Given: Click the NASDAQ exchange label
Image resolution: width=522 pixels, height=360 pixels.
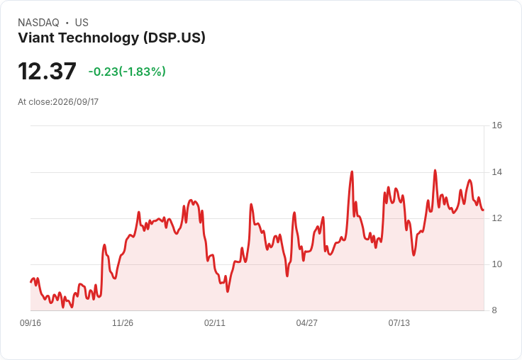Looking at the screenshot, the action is tap(38, 23).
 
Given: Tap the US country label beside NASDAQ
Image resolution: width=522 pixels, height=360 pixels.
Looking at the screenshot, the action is tap(82, 23).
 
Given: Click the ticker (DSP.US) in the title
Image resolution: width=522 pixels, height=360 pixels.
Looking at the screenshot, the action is tap(174, 38).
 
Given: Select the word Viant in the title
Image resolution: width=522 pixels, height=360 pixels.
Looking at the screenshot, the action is tap(36, 38).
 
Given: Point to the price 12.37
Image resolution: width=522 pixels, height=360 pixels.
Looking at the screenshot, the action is tap(47, 71).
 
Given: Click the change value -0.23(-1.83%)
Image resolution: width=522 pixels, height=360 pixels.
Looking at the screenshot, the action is tap(127, 72).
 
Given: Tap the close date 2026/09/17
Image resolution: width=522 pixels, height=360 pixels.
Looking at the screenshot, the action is tap(76, 102).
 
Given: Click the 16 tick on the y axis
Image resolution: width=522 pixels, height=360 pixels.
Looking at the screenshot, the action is tap(496, 125).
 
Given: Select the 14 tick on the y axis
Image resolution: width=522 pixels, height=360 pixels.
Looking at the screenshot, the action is tap(496, 172).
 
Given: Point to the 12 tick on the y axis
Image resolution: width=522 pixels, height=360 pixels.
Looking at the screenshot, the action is tap(496, 218).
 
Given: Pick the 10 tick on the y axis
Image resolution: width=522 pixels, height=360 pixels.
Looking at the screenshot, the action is tap(496, 264).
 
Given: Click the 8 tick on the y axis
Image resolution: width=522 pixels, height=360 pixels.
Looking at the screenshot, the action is tap(494, 310).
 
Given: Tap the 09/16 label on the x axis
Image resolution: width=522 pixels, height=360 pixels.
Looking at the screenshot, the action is tap(30, 323).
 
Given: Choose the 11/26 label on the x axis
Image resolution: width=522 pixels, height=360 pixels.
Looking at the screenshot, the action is tap(123, 323).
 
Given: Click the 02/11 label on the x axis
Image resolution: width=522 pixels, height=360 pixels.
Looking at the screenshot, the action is tap(215, 323).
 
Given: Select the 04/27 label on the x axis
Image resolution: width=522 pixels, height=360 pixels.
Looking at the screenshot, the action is tap(306, 323).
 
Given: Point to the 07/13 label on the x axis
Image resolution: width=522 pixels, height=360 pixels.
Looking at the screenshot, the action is tap(399, 323).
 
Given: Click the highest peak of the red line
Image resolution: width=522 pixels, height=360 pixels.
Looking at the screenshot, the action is tap(435, 170).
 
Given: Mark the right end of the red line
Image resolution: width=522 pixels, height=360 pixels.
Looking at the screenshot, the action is tap(484, 210).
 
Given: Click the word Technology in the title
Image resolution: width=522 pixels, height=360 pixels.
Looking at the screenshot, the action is tap(99, 38).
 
